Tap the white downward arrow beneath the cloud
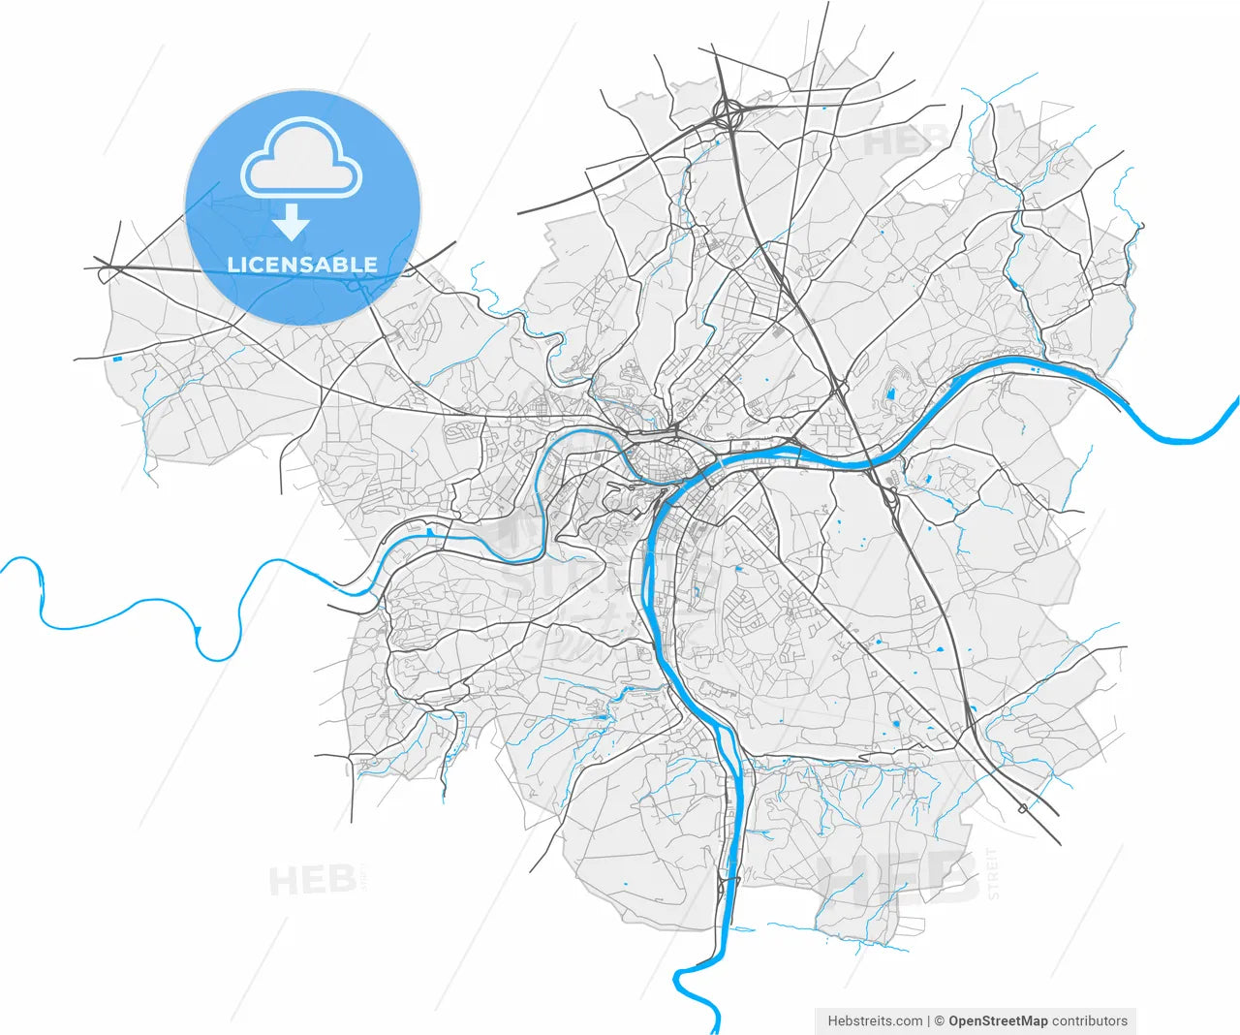(290, 225)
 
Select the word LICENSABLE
(302, 265)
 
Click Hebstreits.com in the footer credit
(875, 1020)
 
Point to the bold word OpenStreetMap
(998, 1020)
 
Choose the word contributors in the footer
(1090, 1020)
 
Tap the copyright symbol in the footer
(939, 1020)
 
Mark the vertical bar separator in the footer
(928, 1020)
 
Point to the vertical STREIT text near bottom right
(993, 872)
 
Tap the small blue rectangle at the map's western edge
(118, 360)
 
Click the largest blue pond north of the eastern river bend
(890, 394)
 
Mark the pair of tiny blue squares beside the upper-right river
(1035, 368)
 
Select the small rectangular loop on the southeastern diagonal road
(1023, 807)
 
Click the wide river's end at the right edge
(1235, 402)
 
